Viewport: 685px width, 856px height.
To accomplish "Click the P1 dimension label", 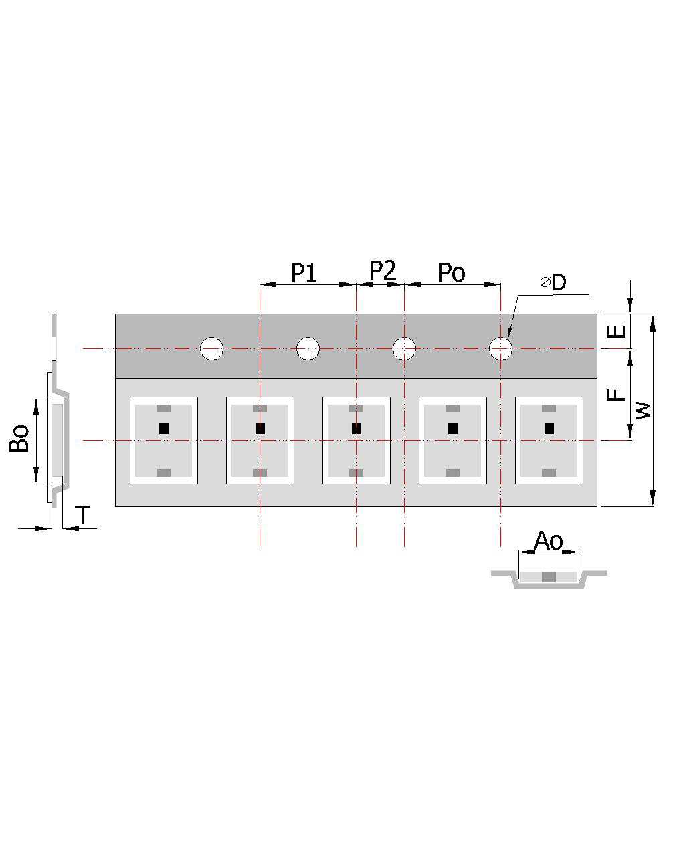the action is tap(304, 273).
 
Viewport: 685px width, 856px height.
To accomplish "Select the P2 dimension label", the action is tap(382, 270).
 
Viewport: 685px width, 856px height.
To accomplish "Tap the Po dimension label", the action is tap(452, 272).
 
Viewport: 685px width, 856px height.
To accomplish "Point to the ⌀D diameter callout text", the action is tap(553, 282).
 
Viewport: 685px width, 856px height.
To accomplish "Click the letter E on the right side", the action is tap(616, 331).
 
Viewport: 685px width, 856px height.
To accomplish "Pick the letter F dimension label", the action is tap(616, 395).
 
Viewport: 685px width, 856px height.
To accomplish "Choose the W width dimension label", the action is tap(644, 410).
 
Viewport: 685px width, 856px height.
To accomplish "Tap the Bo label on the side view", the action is tap(19, 439).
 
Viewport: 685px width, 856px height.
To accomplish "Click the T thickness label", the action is tap(83, 515).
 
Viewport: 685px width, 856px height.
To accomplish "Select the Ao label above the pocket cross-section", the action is tap(549, 541).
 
